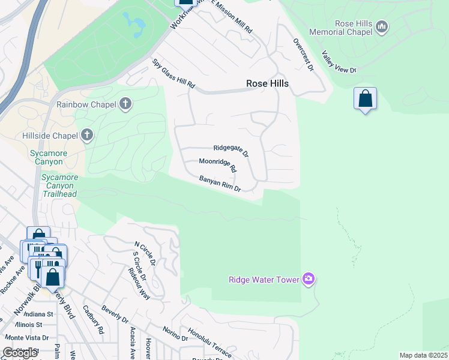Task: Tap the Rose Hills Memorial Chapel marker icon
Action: coord(382,26)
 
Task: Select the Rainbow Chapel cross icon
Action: coord(125,104)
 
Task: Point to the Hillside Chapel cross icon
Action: coord(87,135)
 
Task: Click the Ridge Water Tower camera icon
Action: coord(309,279)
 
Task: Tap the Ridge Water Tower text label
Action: coord(264,280)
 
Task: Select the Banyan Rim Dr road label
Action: coord(220,184)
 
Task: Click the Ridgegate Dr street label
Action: coord(231,151)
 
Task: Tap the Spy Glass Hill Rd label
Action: coord(174,74)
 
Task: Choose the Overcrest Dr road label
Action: coord(304,55)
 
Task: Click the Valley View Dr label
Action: coord(339,62)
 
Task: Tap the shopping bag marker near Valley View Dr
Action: coord(365,98)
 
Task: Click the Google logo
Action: coord(20,353)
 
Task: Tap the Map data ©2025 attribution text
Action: coord(423,355)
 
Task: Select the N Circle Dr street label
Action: coord(145,254)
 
